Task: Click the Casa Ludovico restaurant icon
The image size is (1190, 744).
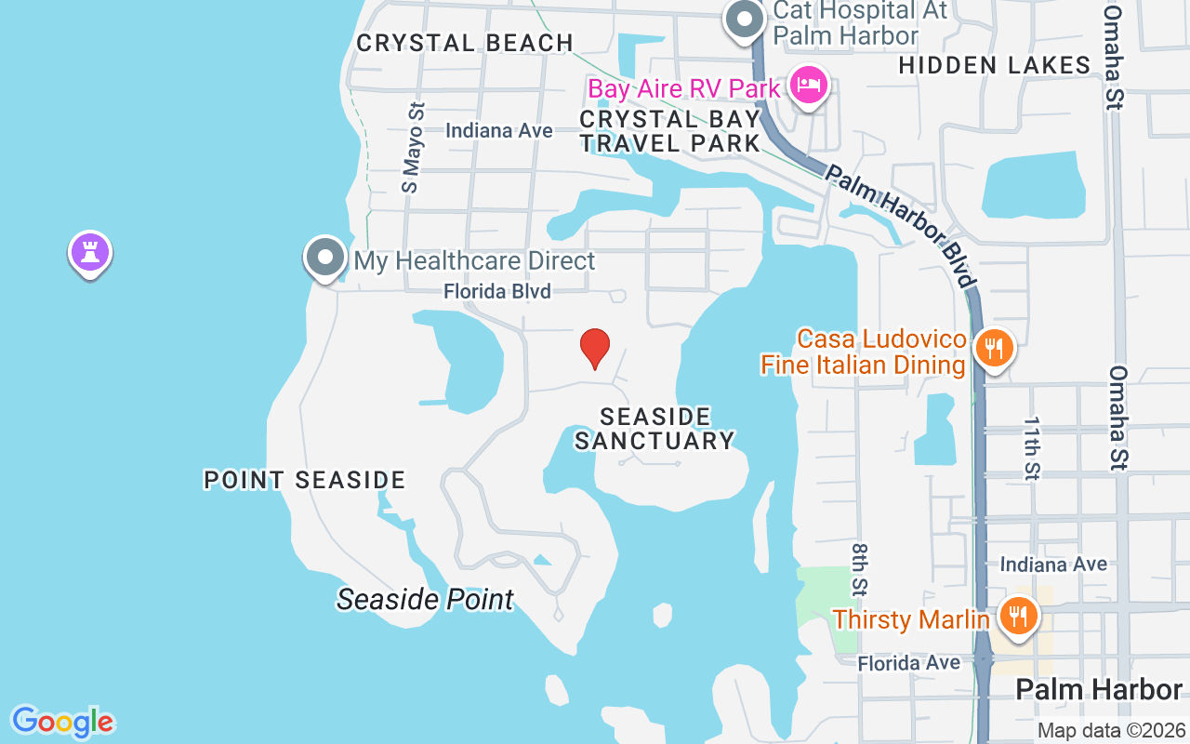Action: (x=994, y=350)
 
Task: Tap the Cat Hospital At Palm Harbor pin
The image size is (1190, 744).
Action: (x=745, y=19)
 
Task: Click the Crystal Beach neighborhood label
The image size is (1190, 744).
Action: (x=465, y=43)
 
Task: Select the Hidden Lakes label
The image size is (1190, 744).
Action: (x=995, y=65)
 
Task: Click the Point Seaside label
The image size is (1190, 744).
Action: (x=305, y=480)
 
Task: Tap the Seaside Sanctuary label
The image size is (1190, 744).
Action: (x=654, y=429)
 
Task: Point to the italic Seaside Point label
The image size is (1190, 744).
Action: (x=425, y=600)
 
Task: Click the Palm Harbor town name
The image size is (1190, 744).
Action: (x=1099, y=689)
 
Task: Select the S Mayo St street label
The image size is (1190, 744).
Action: (x=412, y=147)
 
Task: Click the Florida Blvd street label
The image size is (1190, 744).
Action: (x=497, y=292)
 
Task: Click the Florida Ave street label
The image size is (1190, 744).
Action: (x=908, y=663)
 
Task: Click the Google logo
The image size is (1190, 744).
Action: (x=63, y=722)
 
